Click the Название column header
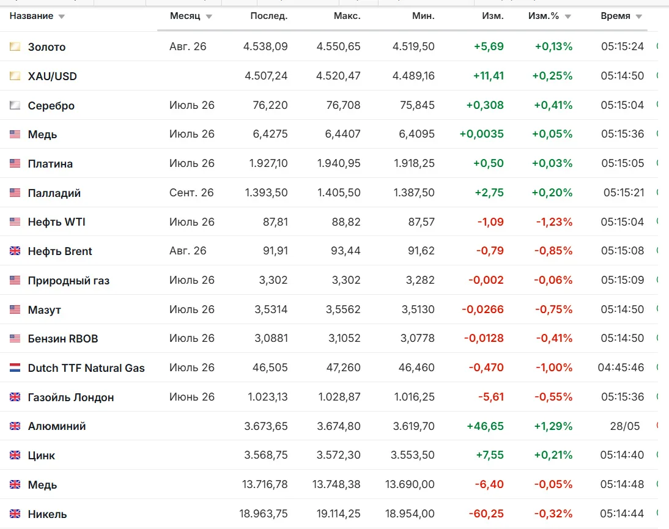(31, 17)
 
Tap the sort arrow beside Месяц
(209, 17)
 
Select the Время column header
(615, 17)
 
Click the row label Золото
(46, 47)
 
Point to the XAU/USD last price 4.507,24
(266, 76)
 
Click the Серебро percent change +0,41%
(553, 105)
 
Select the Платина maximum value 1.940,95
(339, 163)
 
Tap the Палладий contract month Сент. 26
(191, 193)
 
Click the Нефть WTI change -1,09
(490, 222)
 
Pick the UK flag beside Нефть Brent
(15, 251)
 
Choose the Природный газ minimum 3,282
(420, 280)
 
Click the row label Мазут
(45, 309)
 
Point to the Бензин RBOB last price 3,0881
(271, 338)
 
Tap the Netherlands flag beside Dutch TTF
(15, 368)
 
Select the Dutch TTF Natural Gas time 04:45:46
(621, 368)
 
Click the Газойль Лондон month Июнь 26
(191, 397)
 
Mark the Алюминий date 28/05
(624, 426)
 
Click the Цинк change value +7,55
(490, 455)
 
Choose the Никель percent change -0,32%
(554, 514)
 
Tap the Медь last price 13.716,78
(265, 484)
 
